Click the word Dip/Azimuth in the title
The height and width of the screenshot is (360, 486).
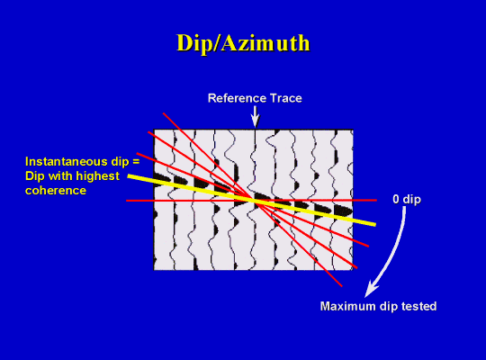[x=243, y=43]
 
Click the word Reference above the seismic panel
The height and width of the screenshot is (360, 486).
[x=238, y=98]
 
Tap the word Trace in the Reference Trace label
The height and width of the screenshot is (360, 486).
[x=286, y=98]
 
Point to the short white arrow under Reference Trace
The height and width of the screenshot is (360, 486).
[x=255, y=117]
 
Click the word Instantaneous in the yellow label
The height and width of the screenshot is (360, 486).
[x=64, y=162]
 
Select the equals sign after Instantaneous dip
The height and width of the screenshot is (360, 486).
[x=136, y=162]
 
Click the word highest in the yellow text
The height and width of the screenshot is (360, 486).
[x=98, y=176]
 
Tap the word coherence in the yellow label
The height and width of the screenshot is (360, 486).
[x=56, y=191]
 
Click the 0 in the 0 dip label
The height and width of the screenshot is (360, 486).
[x=396, y=199]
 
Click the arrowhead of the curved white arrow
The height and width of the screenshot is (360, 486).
[x=371, y=290]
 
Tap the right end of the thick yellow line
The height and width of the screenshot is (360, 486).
[x=375, y=224]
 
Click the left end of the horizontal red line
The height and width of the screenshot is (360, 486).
[x=127, y=201]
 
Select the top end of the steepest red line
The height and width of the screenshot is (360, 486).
[x=163, y=113]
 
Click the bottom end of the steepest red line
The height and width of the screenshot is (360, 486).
[x=342, y=286]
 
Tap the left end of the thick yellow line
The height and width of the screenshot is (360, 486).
[x=129, y=176]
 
